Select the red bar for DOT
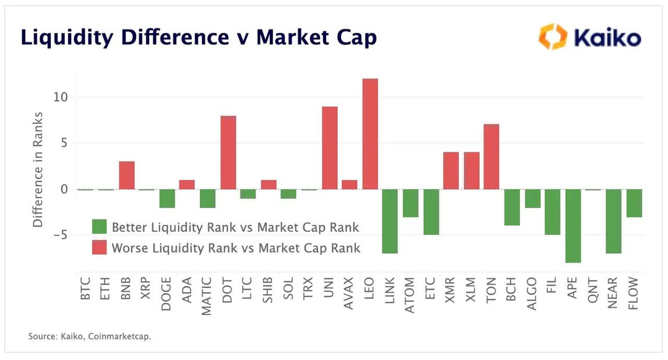pyautogui.click(x=228, y=152)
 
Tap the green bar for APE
pyautogui.click(x=573, y=225)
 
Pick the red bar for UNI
pyautogui.click(x=330, y=147)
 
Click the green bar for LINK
pyautogui.click(x=390, y=221)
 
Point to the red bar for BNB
pyautogui.click(x=127, y=175)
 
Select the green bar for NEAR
pyautogui.click(x=613, y=221)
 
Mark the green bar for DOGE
pyautogui.click(x=167, y=199)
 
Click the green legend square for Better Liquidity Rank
pyautogui.click(x=99, y=227)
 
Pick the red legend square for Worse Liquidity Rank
pyautogui.click(x=99, y=248)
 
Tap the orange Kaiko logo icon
pyautogui.click(x=551, y=37)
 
